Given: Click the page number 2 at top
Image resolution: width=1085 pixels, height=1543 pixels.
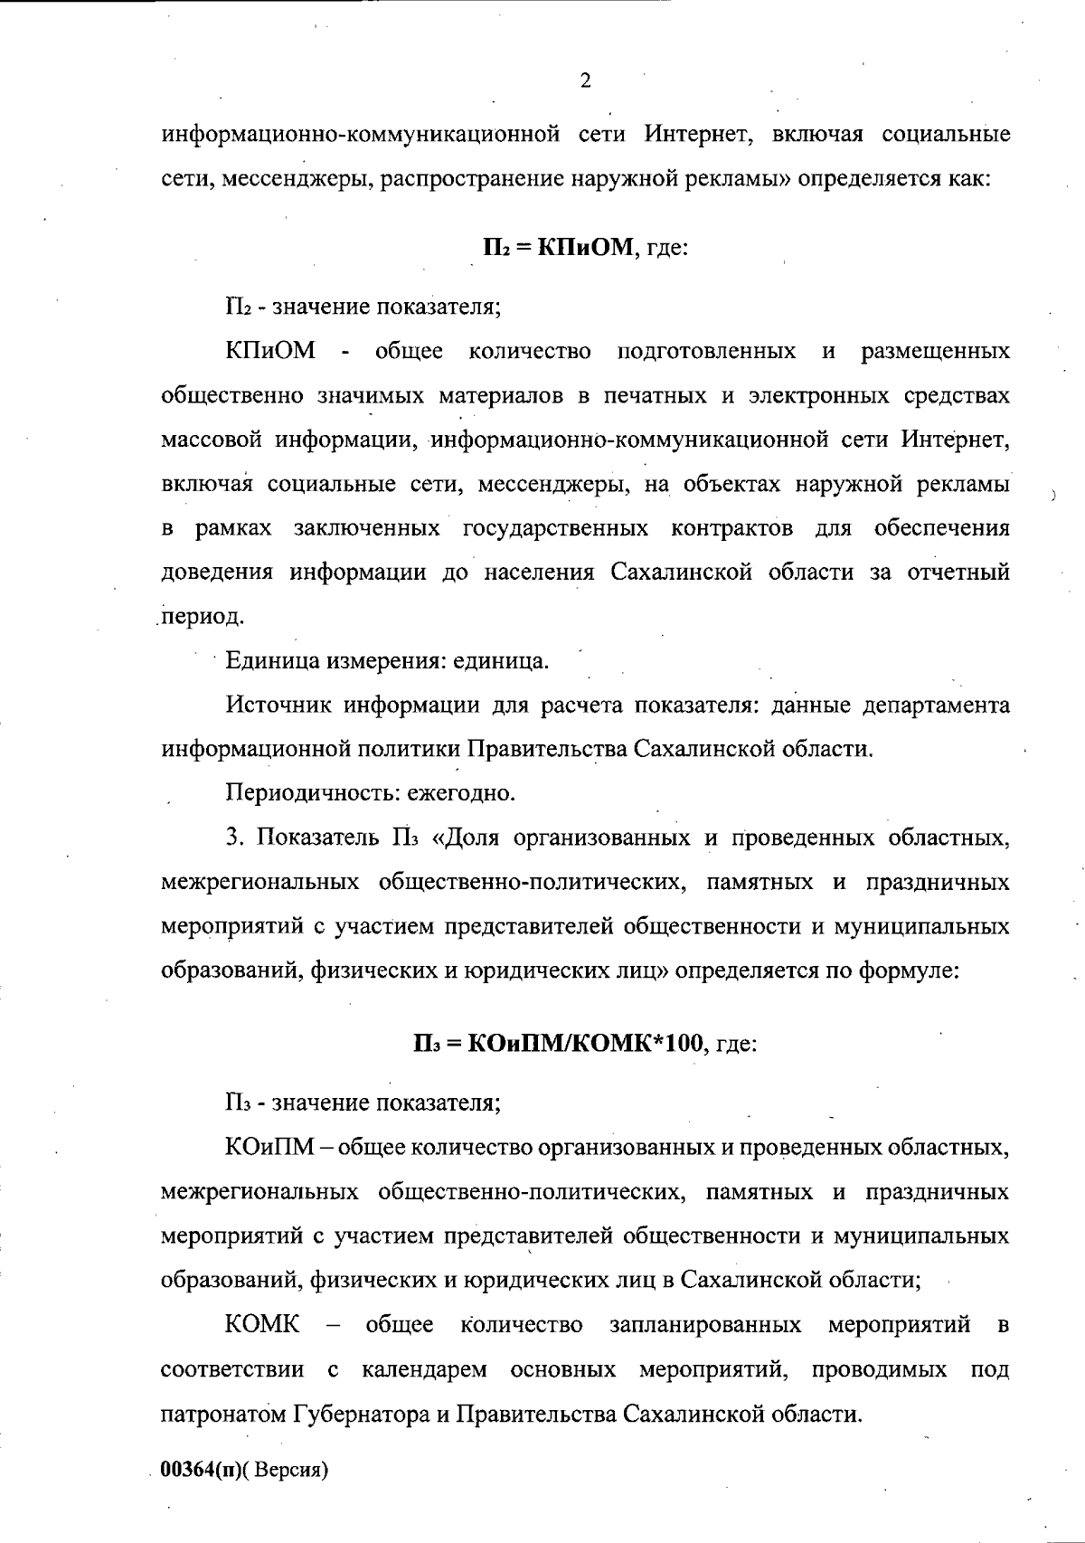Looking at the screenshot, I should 585,81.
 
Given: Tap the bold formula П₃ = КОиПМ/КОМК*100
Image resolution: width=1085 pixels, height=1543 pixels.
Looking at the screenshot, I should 558,1043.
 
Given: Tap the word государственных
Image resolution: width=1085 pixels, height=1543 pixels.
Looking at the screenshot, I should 554,528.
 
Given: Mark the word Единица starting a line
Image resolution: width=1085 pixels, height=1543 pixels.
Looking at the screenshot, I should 263,661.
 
